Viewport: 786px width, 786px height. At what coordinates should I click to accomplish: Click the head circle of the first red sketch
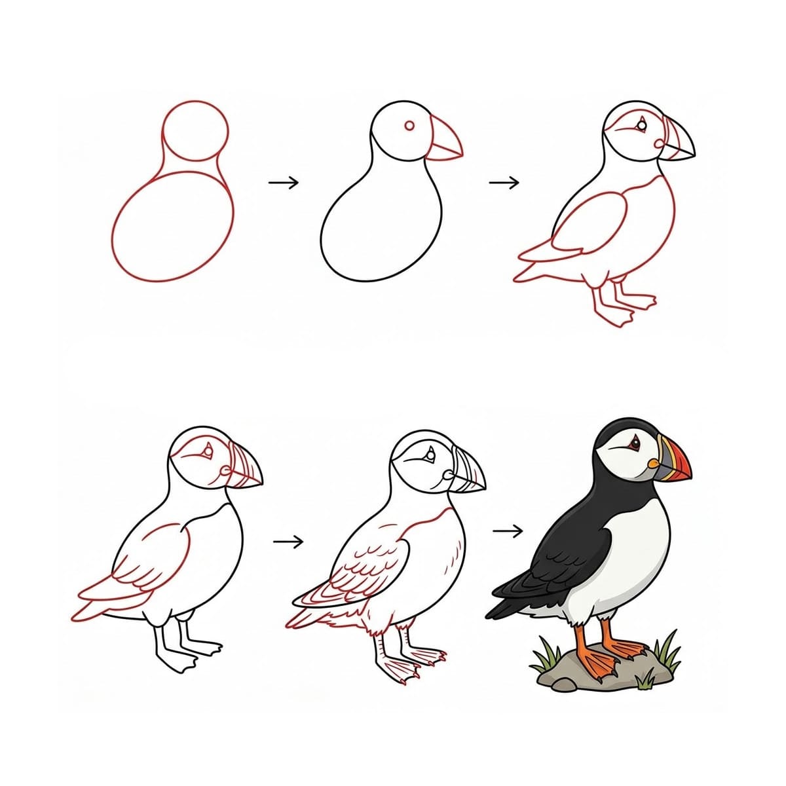(195, 130)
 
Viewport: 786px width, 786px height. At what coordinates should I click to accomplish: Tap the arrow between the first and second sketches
(283, 182)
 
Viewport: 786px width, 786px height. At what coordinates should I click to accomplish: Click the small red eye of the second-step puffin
(410, 126)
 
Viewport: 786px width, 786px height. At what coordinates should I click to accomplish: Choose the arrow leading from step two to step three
(504, 182)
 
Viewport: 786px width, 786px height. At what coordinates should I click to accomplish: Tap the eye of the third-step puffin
(643, 124)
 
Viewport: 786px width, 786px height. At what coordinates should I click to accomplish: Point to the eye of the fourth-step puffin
(208, 451)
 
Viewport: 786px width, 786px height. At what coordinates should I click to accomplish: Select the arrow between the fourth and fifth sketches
(288, 541)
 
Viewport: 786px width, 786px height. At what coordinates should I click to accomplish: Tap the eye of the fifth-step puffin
(430, 452)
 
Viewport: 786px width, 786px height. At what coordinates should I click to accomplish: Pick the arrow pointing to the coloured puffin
(508, 531)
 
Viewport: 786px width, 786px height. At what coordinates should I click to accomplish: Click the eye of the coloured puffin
(633, 445)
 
